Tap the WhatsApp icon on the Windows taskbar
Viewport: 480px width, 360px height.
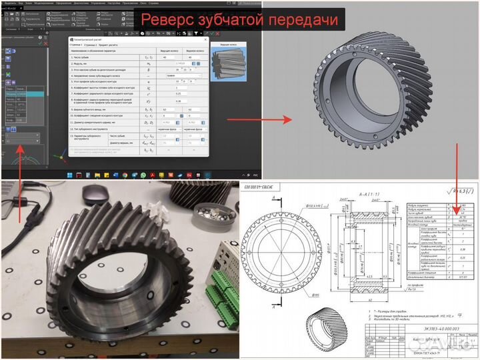(x=143, y=175)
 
